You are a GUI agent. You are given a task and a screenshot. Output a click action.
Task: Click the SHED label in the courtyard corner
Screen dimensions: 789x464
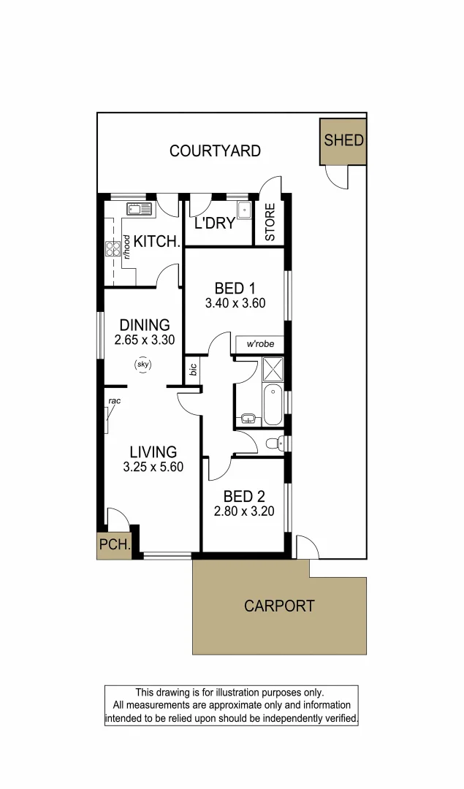click(x=343, y=140)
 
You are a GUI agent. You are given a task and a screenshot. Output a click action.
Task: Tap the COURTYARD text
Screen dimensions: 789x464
click(x=215, y=151)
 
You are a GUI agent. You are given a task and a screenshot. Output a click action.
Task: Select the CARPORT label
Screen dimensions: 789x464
click(x=279, y=606)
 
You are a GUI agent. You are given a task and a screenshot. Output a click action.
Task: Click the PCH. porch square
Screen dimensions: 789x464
click(x=114, y=545)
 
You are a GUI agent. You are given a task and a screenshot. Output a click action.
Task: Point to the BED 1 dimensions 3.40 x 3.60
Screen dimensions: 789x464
click(x=235, y=304)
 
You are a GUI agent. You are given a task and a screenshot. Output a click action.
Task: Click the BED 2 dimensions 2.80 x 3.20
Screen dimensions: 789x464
click(x=244, y=511)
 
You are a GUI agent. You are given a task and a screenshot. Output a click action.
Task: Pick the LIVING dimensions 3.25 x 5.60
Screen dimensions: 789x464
click(x=153, y=468)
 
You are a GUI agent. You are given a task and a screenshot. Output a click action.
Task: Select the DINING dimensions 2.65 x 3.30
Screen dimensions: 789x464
click(x=145, y=340)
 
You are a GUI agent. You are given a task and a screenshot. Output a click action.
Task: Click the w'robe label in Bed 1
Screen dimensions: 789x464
click(x=259, y=343)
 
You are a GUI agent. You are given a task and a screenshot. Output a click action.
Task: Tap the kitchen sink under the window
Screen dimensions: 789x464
click(x=137, y=210)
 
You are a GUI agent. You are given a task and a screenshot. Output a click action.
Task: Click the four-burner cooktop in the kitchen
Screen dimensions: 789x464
click(x=113, y=249)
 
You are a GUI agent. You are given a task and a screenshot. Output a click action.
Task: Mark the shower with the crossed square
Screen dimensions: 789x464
click(x=273, y=370)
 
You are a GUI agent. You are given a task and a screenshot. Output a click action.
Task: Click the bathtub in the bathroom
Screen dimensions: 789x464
click(x=273, y=405)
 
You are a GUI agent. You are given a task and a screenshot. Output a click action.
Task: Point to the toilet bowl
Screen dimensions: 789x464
click(x=273, y=443)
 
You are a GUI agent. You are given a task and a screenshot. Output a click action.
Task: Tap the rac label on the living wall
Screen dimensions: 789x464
click(x=114, y=401)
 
